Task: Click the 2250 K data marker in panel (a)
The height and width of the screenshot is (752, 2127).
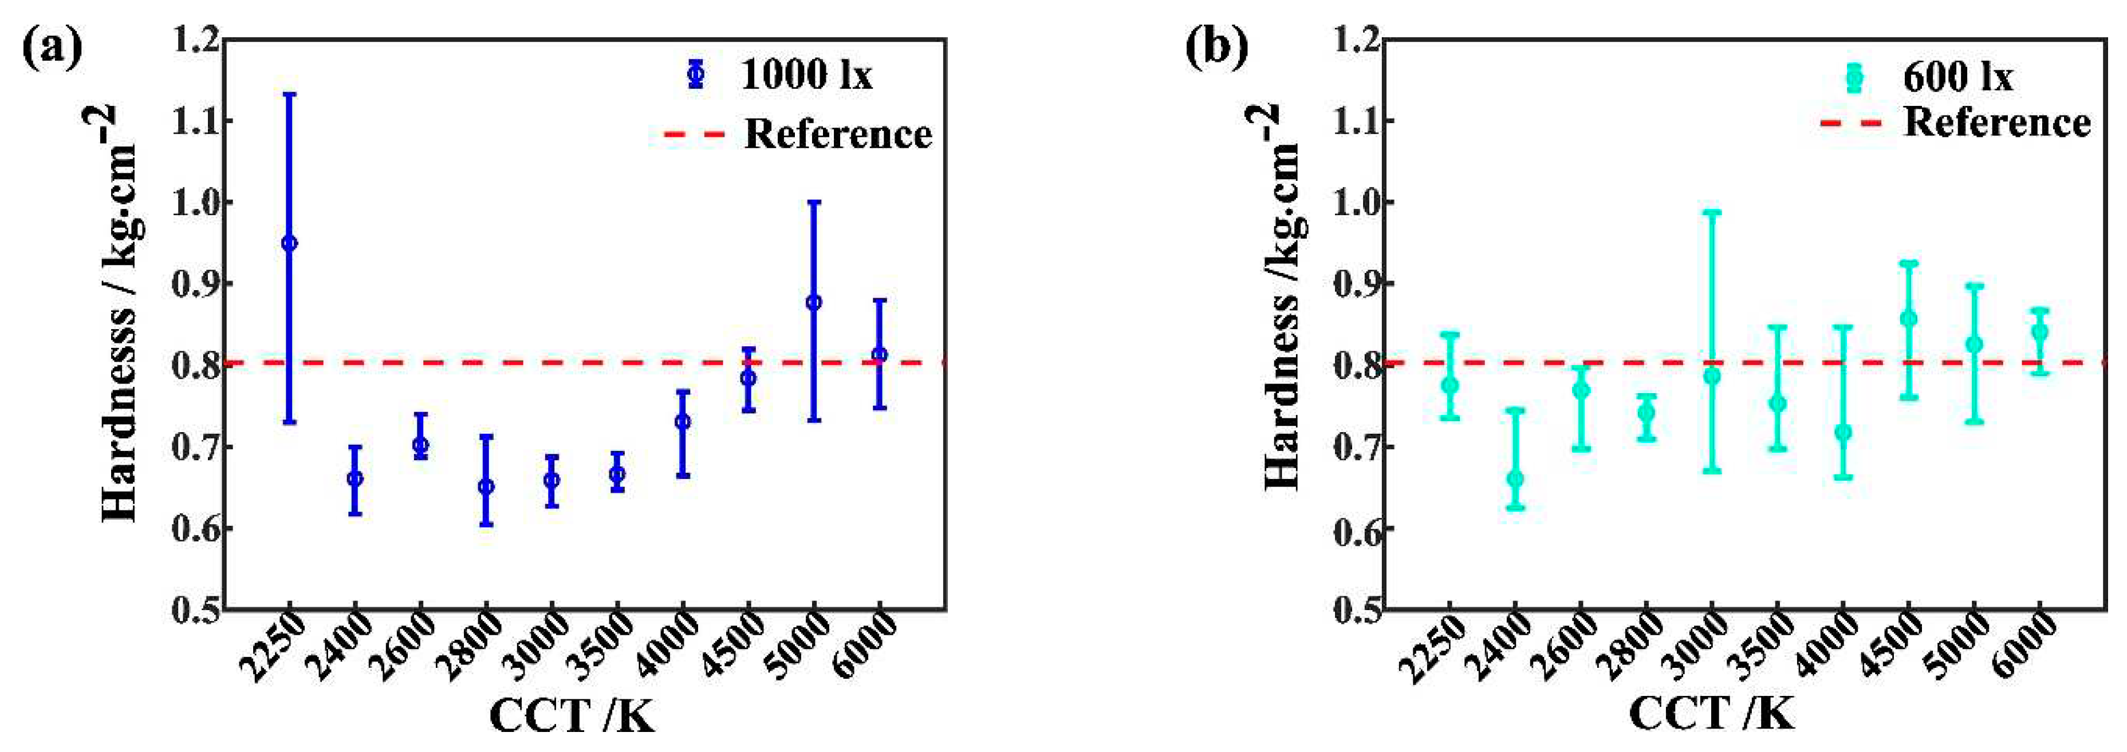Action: coord(289,243)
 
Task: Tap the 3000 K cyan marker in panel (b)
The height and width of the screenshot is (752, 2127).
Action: coord(1712,375)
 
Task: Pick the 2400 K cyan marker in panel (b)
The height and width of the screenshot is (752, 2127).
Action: coord(1515,479)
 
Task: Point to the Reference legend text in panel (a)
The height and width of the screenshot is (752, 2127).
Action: coord(837,134)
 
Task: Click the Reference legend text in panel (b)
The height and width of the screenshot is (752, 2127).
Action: coord(1996,122)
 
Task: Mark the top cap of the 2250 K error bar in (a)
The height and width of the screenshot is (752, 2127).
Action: coord(289,94)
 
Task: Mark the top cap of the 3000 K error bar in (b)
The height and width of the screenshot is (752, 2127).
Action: coord(1712,212)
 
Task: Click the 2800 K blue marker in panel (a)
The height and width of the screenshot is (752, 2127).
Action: coord(486,486)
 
